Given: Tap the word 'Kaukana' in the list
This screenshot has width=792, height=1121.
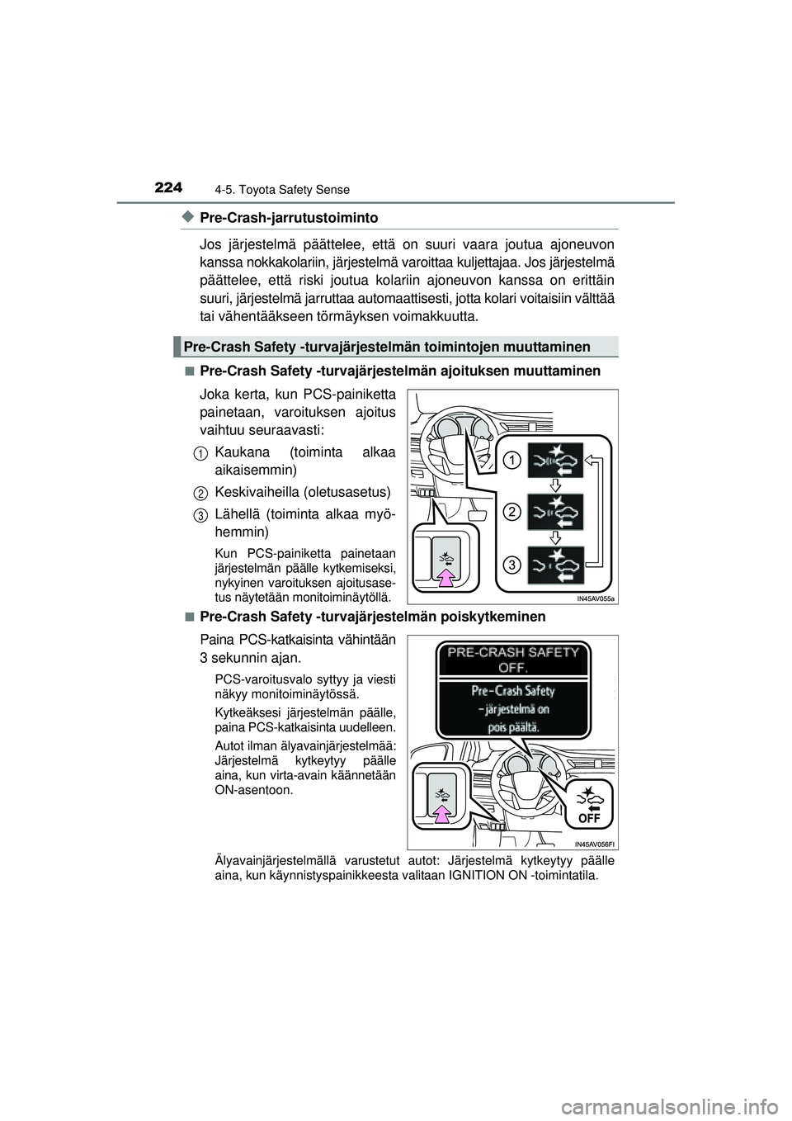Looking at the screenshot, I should (242, 452).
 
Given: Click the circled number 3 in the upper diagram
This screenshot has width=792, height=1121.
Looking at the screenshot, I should (511, 565).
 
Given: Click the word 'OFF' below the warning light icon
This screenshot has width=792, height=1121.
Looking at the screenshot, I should (589, 817).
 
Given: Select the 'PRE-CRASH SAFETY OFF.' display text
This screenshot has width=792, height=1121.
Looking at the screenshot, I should (512, 659).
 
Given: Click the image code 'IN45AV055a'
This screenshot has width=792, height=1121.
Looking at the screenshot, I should (596, 598).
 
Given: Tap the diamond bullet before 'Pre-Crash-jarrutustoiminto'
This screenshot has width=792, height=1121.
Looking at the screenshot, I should (187, 217).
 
